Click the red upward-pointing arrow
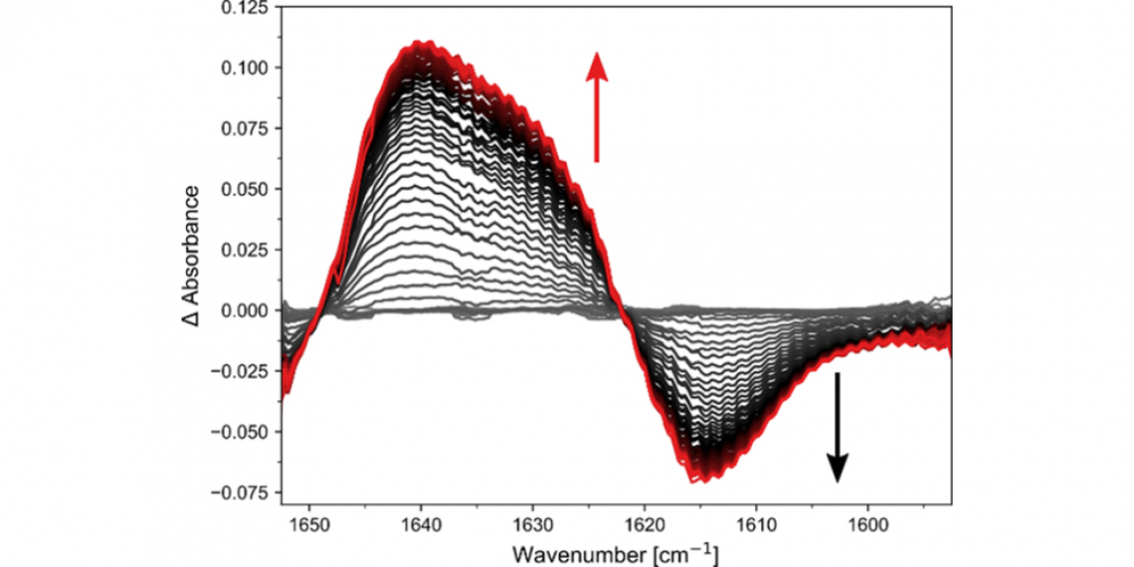[x=596, y=106]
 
